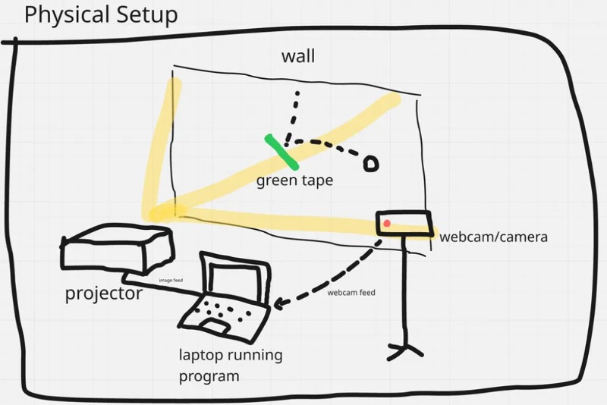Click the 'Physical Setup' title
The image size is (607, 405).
tap(101, 15)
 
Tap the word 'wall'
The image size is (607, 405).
tap(298, 56)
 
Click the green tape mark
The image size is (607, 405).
tap(281, 152)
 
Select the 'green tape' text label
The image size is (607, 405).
tap(294, 181)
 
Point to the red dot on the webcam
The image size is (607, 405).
tap(387, 223)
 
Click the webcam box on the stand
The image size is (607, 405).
tap(404, 223)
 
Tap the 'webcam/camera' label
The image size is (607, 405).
tap(494, 237)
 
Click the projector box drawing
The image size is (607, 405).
tap(118, 248)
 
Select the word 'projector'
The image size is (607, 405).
tap(104, 294)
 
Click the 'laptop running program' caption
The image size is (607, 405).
tap(231, 365)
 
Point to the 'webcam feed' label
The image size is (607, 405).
tap(351, 293)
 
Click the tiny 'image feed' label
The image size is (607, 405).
tap(171, 280)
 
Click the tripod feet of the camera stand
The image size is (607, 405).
tap(405, 350)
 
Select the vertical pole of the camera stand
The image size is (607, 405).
tap(404, 290)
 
